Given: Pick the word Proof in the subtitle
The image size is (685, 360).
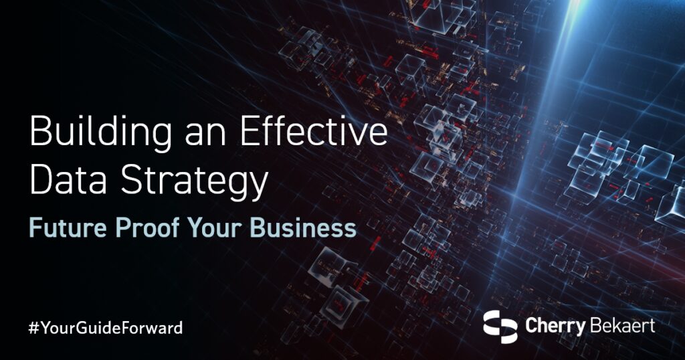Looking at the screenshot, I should click(x=140, y=228).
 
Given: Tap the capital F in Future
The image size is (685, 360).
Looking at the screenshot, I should click(x=34, y=228).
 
